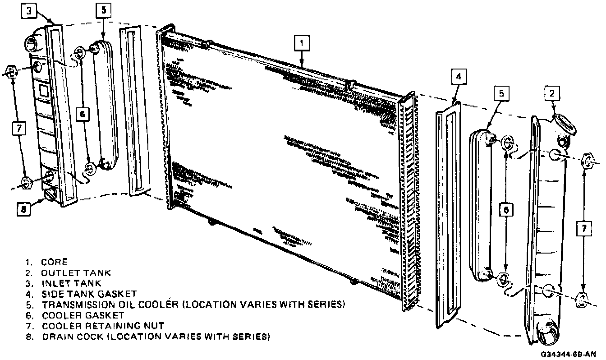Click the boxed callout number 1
pos(302,43)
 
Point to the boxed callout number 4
pos(458,77)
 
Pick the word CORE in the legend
pos(54,262)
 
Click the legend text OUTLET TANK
pos(76,273)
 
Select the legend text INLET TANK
pos(71,283)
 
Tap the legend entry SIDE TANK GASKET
pos(89,294)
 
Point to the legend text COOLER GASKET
pos(83,315)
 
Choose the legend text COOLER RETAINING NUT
pos(103,326)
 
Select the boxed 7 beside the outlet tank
pos(584,229)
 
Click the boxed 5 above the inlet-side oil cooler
pos(103,11)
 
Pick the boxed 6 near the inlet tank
pos(82,115)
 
